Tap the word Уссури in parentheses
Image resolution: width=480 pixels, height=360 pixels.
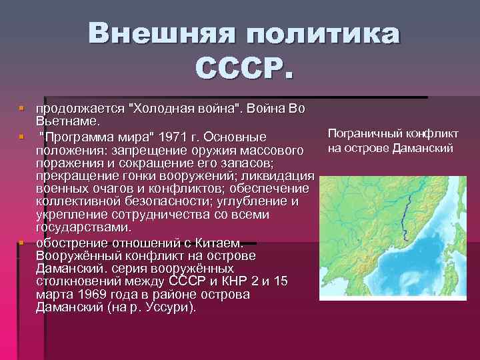click(x=170, y=307)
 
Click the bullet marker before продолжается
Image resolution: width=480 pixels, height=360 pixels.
click(x=21, y=107)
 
